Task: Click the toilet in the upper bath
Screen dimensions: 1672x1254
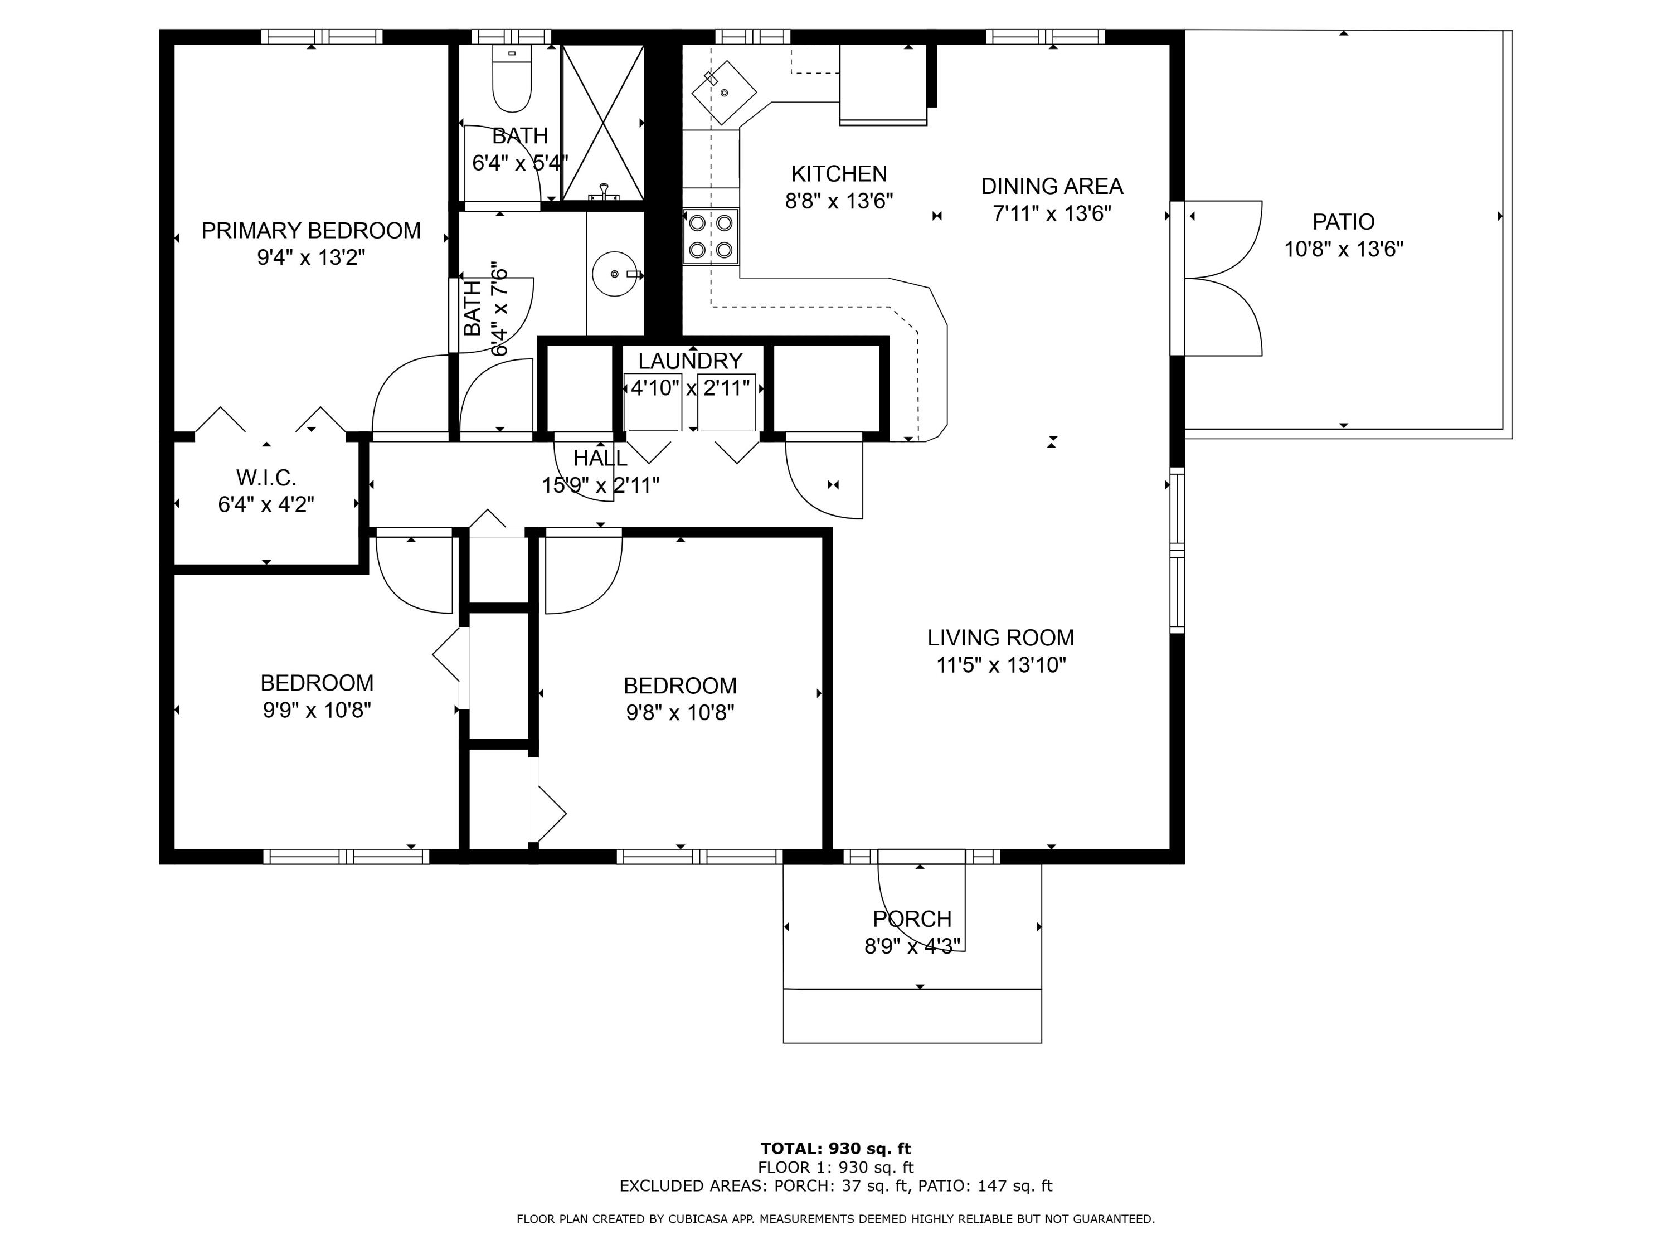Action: (x=512, y=78)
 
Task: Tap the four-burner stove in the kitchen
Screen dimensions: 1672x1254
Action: (x=711, y=236)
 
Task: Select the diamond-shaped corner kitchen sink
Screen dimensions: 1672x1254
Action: (x=724, y=92)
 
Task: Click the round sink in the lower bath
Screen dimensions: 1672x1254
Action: (x=616, y=273)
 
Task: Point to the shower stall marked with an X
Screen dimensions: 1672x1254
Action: (x=602, y=123)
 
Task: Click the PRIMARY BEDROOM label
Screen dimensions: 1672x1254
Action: (x=310, y=231)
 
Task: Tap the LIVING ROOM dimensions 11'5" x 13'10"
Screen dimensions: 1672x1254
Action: (x=1001, y=665)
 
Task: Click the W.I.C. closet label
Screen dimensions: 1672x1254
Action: (x=266, y=478)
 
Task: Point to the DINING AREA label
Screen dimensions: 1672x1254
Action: (x=1052, y=186)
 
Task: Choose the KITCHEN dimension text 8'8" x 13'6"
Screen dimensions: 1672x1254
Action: (x=839, y=201)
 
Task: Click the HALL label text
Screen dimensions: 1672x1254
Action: (x=600, y=458)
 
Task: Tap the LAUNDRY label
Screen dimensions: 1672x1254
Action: (x=690, y=361)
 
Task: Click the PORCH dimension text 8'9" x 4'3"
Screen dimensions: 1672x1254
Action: (x=912, y=946)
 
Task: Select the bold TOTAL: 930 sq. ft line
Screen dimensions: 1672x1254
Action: (x=836, y=1149)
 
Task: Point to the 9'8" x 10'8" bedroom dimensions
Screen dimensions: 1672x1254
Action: (x=681, y=713)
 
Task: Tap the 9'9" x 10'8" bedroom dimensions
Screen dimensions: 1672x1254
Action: (x=317, y=711)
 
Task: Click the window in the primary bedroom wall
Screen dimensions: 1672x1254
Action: (x=322, y=37)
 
